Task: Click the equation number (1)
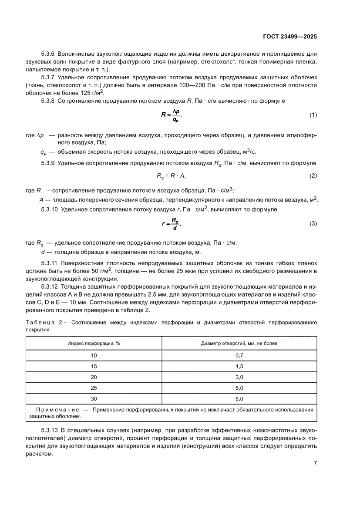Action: coord(313,115)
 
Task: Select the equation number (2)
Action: coord(313,175)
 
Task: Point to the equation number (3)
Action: coord(313,223)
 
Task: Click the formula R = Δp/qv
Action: coord(171,115)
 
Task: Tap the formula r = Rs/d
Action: coord(171,224)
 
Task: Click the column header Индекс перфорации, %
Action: coord(94,343)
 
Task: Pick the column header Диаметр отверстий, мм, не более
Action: coord(239,343)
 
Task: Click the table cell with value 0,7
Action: coord(239,355)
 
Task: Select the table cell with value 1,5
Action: coord(239,366)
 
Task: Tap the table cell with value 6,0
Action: coord(239,398)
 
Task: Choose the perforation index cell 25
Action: coord(94,388)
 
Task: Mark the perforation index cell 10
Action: coord(94,355)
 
